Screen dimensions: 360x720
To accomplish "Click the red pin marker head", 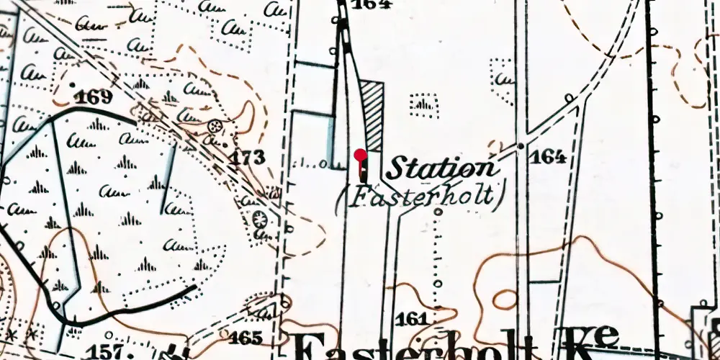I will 361,153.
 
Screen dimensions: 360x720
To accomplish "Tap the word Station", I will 441,169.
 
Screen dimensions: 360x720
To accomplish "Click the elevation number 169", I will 94,97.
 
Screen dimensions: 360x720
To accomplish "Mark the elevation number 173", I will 248,158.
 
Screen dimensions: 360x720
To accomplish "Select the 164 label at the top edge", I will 372,4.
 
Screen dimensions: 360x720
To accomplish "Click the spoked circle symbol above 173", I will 213,127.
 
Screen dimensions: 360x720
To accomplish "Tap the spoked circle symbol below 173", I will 260,218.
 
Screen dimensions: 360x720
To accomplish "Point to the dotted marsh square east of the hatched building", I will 424,105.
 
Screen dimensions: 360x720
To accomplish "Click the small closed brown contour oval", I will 504,299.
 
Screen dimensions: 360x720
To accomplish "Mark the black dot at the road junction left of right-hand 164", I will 520,146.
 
